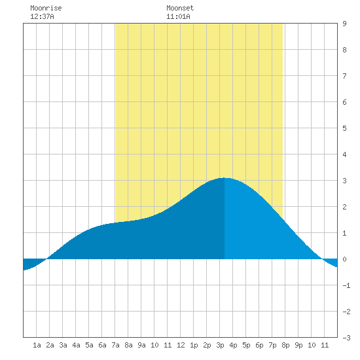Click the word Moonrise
click(x=46, y=8)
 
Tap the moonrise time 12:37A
click(x=42, y=16)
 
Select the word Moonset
click(x=180, y=8)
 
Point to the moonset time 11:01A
click(x=178, y=16)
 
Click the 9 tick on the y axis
click(x=344, y=24)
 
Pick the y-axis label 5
click(x=344, y=128)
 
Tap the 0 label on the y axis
click(x=344, y=259)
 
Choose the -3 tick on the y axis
click(x=346, y=338)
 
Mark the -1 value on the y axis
click(x=346, y=285)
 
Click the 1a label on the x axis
click(x=37, y=345)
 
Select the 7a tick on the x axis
click(x=115, y=345)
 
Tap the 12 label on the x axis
click(x=181, y=345)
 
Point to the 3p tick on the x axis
click(x=220, y=345)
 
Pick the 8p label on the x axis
click(x=285, y=345)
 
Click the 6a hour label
click(x=102, y=345)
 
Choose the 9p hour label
click(x=298, y=345)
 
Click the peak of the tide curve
click(x=225, y=177)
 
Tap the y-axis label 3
click(x=344, y=181)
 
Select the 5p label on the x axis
click(x=246, y=345)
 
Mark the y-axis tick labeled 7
click(x=344, y=76)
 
